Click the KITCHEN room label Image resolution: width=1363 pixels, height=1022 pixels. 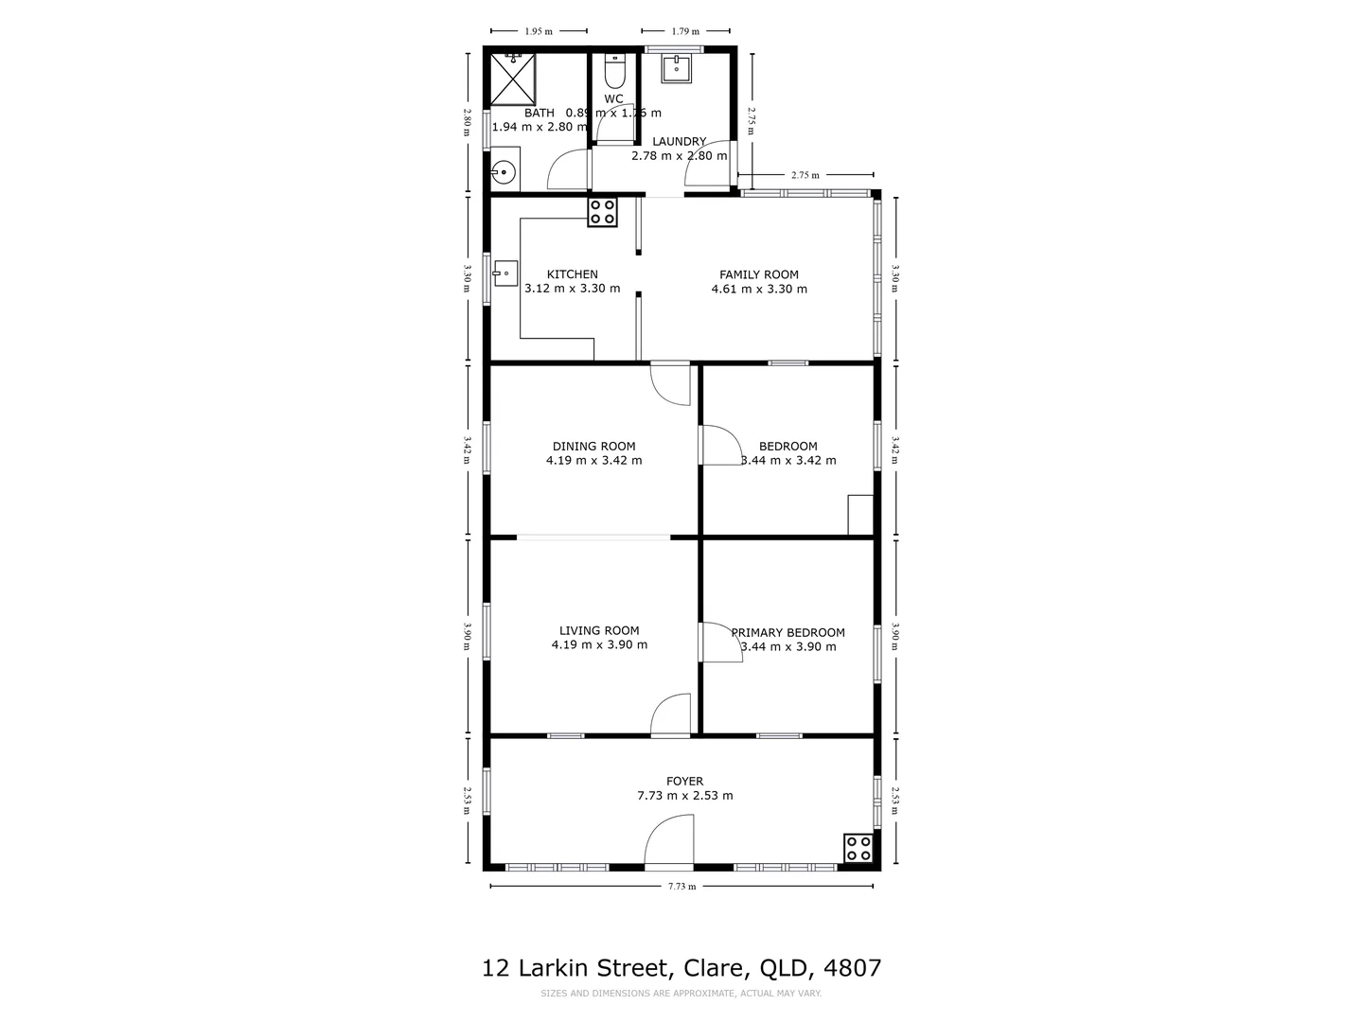[x=572, y=274]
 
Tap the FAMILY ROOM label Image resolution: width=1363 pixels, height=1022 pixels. [x=758, y=274]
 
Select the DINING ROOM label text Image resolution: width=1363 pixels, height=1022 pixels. [x=593, y=447]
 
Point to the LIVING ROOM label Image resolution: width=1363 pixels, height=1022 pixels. [x=598, y=630]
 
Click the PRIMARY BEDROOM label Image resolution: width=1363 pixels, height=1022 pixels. [x=788, y=633]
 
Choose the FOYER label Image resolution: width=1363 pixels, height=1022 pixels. [x=684, y=782]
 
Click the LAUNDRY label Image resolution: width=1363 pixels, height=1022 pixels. [x=679, y=142]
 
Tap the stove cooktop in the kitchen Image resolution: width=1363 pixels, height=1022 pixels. [x=602, y=212]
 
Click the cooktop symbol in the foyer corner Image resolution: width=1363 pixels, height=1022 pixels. [x=859, y=848]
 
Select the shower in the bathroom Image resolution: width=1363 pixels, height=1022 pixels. [x=512, y=78]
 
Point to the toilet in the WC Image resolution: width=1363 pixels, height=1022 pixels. [x=614, y=72]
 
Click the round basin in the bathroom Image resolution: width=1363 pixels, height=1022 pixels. [x=504, y=173]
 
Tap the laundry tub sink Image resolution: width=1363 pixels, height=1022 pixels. [x=677, y=68]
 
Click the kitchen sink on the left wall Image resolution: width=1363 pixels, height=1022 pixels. [x=504, y=273]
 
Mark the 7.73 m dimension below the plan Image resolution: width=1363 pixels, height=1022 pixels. [x=681, y=887]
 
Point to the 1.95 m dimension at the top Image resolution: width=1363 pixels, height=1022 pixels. [x=538, y=31]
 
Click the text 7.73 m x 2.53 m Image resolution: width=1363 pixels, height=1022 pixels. [x=684, y=796]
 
